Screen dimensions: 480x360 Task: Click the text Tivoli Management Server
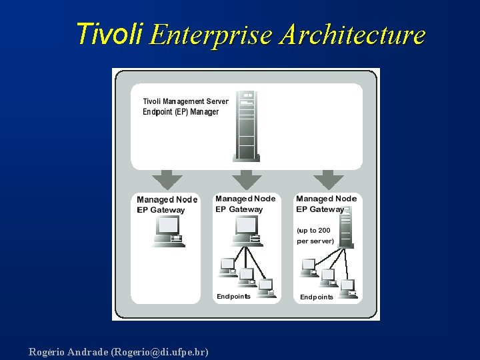pyautogui.click(x=185, y=101)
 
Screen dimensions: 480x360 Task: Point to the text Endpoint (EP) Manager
pyautogui.click(x=181, y=111)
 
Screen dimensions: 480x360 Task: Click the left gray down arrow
pyautogui.click(x=167, y=179)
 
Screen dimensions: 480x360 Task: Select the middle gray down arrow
pyautogui.click(x=247, y=179)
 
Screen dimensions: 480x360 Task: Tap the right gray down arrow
pyautogui.click(x=328, y=179)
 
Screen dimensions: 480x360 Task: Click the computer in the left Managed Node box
pyautogui.click(x=167, y=233)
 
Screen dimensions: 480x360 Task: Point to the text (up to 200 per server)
pyautogui.click(x=315, y=235)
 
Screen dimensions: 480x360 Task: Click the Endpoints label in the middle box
pyautogui.click(x=233, y=296)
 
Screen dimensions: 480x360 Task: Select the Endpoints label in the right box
pyautogui.click(x=317, y=297)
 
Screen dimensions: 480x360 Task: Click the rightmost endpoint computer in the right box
pyautogui.click(x=347, y=287)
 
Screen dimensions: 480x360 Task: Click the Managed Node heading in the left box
pyautogui.click(x=167, y=199)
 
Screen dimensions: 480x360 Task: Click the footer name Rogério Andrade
pyautogui.click(x=69, y=351)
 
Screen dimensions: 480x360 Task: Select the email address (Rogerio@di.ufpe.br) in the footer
pyautogui.click(x=160, y=351)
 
